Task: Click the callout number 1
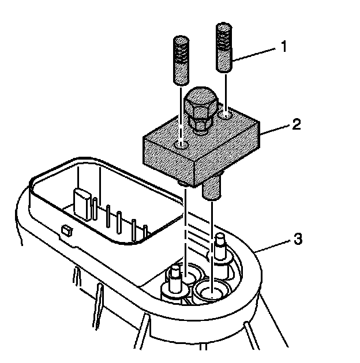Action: (283, 47)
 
